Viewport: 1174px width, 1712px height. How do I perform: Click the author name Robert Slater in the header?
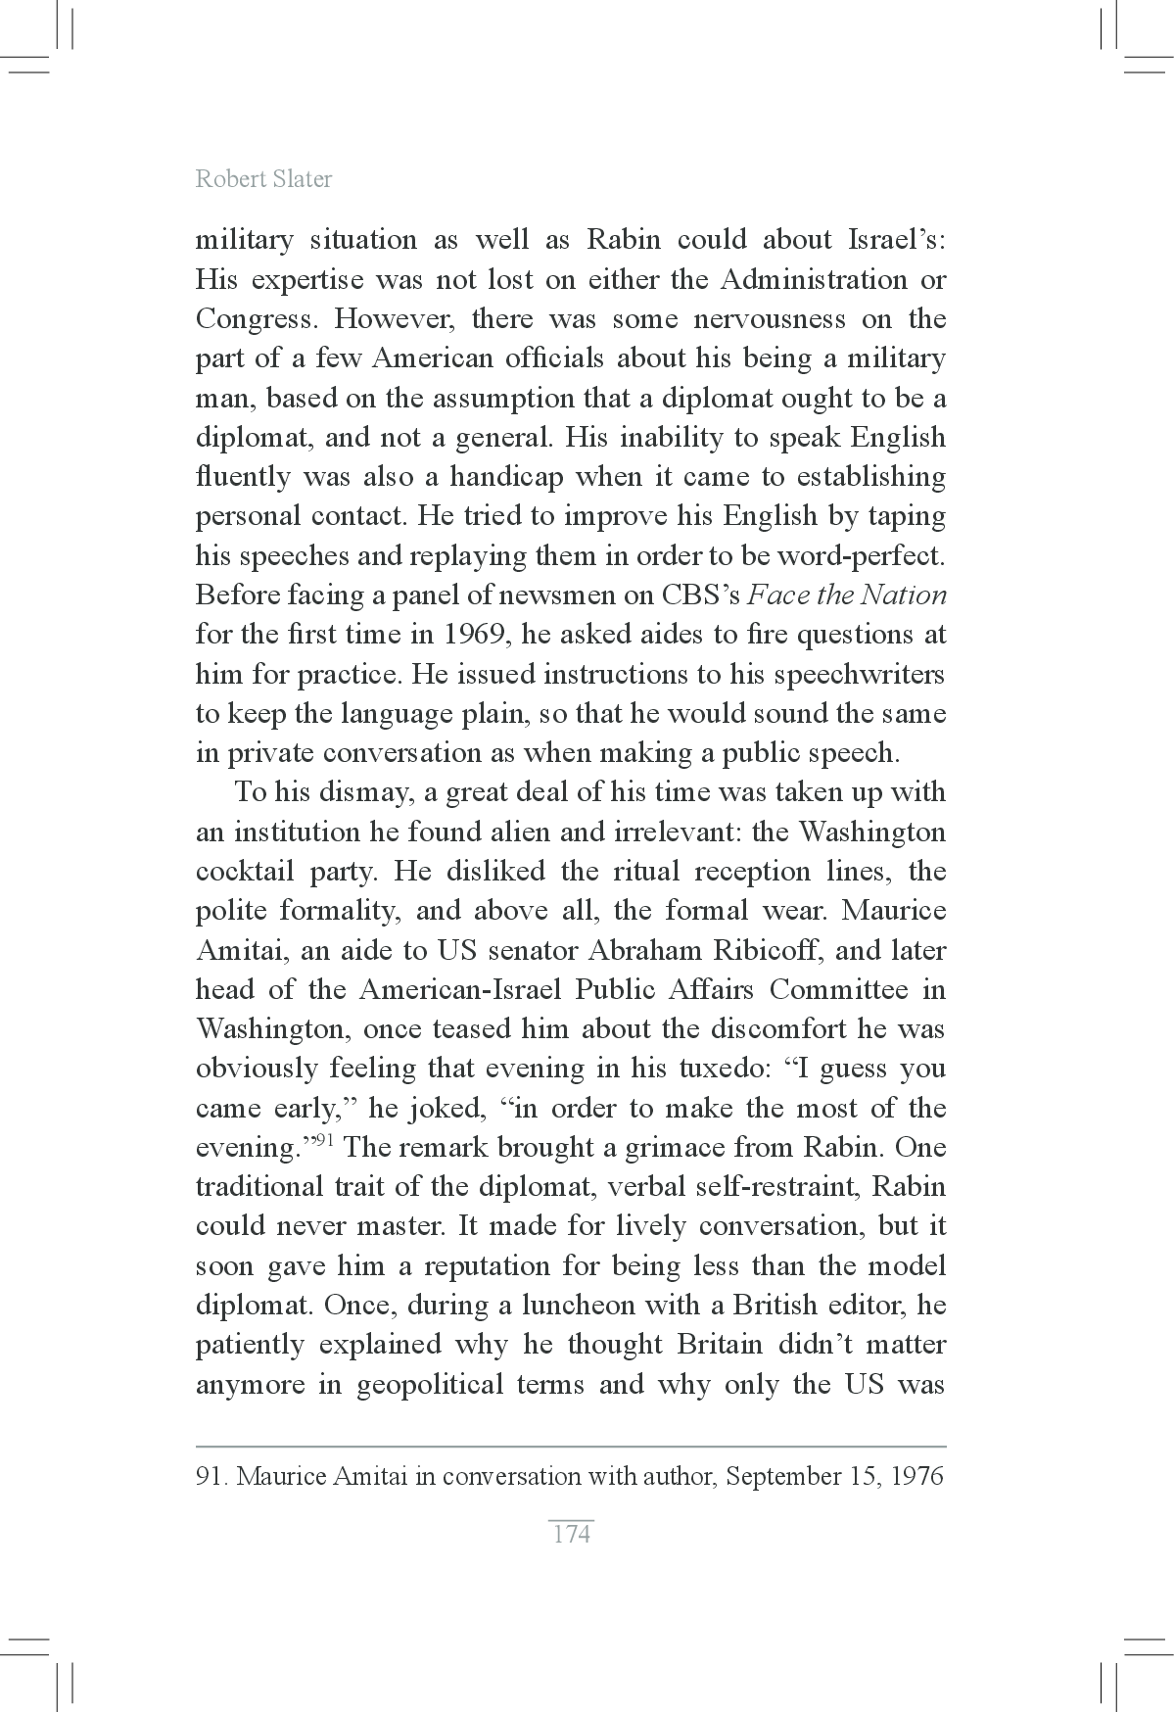(x=263, y=179)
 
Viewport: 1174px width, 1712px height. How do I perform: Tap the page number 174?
(x=572, y=1534)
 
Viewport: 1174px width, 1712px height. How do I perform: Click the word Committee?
(x=838, y=989)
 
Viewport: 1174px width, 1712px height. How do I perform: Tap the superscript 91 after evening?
(x=325, y=1141)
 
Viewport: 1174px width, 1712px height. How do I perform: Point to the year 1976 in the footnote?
(x=916, y=1477)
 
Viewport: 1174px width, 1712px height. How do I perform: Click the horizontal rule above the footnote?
(x=571, y=1446)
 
